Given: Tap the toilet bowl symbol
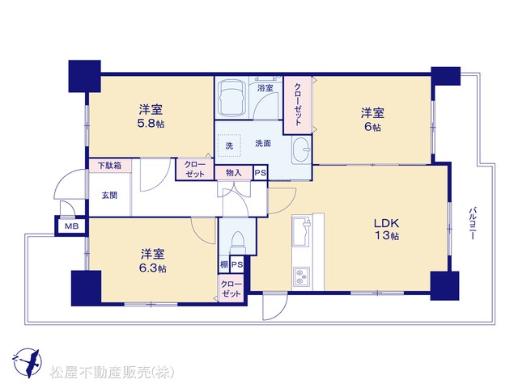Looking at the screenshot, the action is (x=237, y=239).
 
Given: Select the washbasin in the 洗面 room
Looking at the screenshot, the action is (x=300, y=150).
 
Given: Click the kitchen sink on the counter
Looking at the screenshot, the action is (x=301, y=232).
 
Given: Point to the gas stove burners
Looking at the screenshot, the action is (x=301, y=276).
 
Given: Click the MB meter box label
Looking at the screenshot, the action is (x=72, y=226).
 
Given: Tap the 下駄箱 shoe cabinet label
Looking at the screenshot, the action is (x=110, y=165).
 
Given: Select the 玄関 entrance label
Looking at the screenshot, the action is (x=109, y=196).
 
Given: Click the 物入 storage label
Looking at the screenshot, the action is (x=234, y=172).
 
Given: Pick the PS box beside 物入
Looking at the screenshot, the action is (x=261, y=173).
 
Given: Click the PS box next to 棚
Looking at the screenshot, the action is (x=237, y=264).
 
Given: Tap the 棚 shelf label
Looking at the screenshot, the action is (x=224, y=264).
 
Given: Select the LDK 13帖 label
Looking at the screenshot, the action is (x=387, y=229).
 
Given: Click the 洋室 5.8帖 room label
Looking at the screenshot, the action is (x=151, y=116).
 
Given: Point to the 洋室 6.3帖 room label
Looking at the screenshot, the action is (x=152, y=260).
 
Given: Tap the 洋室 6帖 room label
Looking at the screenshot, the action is (x=372, y=119).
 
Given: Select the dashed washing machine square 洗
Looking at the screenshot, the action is (x=229, y=145).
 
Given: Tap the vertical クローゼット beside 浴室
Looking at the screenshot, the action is (x=298, y=104).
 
